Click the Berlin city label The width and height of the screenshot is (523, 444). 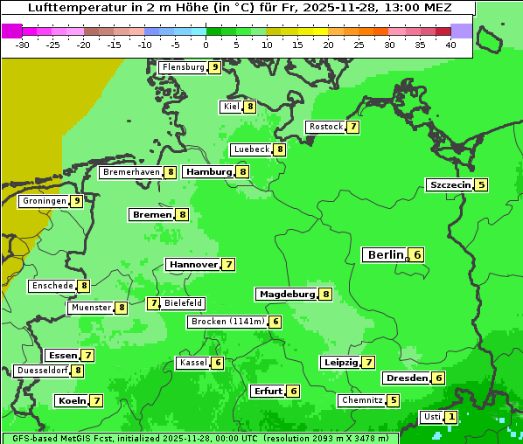[x=385, y=254]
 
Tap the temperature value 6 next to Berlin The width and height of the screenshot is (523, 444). [x=417, y=254]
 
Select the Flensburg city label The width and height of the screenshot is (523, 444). [x=183, y=67]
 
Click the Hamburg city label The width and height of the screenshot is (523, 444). [x=208, y=172]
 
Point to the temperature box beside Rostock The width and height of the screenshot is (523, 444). [x=352, y=127]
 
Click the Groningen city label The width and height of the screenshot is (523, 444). [x=45, y=201]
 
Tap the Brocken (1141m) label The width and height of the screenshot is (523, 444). [x=227, y=322]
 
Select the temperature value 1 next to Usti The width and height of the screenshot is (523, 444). [x=450, y=417]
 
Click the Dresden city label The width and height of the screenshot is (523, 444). [x=406, y=378]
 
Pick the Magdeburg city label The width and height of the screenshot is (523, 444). [x=286, y=294]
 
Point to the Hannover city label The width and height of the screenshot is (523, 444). [x=192, y=264]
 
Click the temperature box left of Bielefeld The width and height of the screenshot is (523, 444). [x=153, y=303]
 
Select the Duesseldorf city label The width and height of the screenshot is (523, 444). [x=42, y=371]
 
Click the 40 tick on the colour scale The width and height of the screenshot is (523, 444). [x=450, y=45]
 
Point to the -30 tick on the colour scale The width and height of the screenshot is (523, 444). [x=23, y=45]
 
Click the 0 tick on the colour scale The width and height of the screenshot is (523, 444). [x=206, y=45]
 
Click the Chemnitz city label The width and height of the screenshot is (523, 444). [x=362, y=400]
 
